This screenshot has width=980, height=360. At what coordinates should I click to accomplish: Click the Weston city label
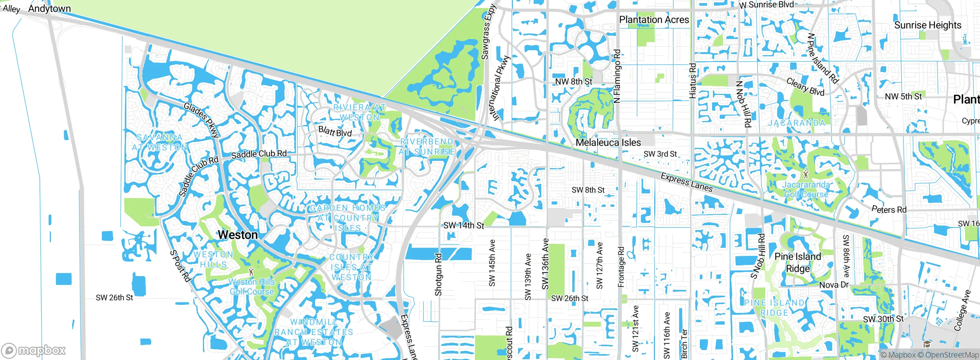point(238,235)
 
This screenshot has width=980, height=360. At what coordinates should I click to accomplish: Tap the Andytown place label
point(49,8)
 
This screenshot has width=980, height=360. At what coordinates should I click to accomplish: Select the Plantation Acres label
point(654,20)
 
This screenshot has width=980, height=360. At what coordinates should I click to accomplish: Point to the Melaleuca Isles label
point(608,143)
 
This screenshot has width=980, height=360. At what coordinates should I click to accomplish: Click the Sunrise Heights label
point(928,25)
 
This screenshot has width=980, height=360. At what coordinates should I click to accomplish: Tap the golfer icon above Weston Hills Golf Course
point(251,272)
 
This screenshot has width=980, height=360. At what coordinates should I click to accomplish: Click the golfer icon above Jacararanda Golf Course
point(806,175)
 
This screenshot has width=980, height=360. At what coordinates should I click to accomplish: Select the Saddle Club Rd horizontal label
point(259,154)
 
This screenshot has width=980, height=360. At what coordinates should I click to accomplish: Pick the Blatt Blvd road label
point(335,132)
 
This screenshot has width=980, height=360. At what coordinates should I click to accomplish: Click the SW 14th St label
point(464,226)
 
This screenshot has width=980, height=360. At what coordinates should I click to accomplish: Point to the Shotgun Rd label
point(438,275)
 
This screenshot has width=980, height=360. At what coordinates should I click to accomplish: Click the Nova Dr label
point(834,285)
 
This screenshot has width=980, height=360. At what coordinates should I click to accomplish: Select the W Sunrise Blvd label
point(766,5)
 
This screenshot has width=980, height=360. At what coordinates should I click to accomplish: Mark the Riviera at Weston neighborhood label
point(359,112)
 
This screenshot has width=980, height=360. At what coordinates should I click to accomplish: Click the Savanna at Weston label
point(160,142)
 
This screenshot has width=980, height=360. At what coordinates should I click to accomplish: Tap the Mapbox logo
point(34,350)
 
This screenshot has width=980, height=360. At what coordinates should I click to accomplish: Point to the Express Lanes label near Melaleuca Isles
point(686,182)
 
